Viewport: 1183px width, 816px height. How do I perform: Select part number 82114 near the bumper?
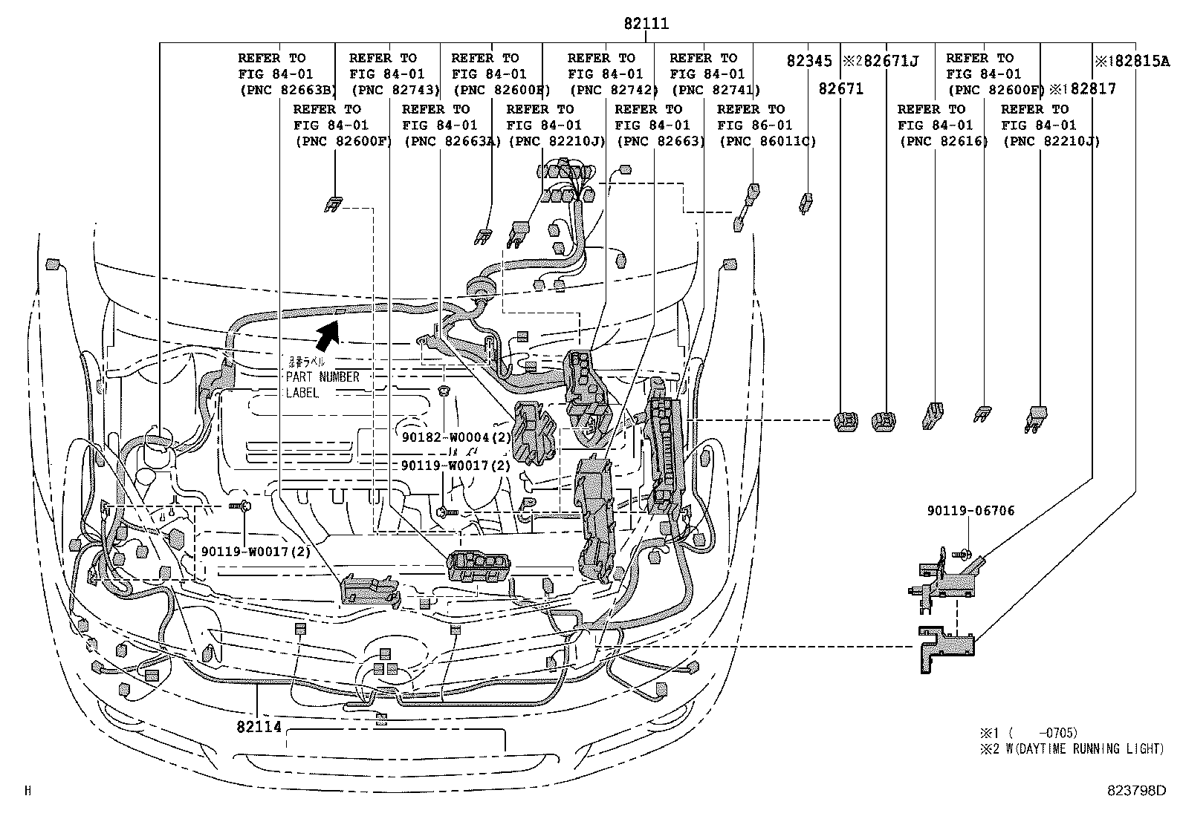pos(259,726)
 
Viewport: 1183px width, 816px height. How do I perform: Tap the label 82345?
pos(810,62)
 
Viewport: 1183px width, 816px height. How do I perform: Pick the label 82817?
pos(1092,89)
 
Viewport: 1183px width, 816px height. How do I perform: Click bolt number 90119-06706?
pos(970,511)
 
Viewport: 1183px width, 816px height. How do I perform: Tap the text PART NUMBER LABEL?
pos(322,377)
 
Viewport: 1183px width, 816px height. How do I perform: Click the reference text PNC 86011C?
pos(767,141)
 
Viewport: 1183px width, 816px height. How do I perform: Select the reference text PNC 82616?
pos(943,141)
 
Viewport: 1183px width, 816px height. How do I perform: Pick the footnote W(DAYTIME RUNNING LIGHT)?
pos(1081,749)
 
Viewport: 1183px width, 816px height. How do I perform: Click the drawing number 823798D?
pos(1136,791)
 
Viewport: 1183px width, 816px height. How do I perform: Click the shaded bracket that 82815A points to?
pos(944,647)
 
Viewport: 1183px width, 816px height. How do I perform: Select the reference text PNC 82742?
pos(614,91)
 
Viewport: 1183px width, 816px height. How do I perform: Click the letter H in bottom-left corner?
pos(28,791)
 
